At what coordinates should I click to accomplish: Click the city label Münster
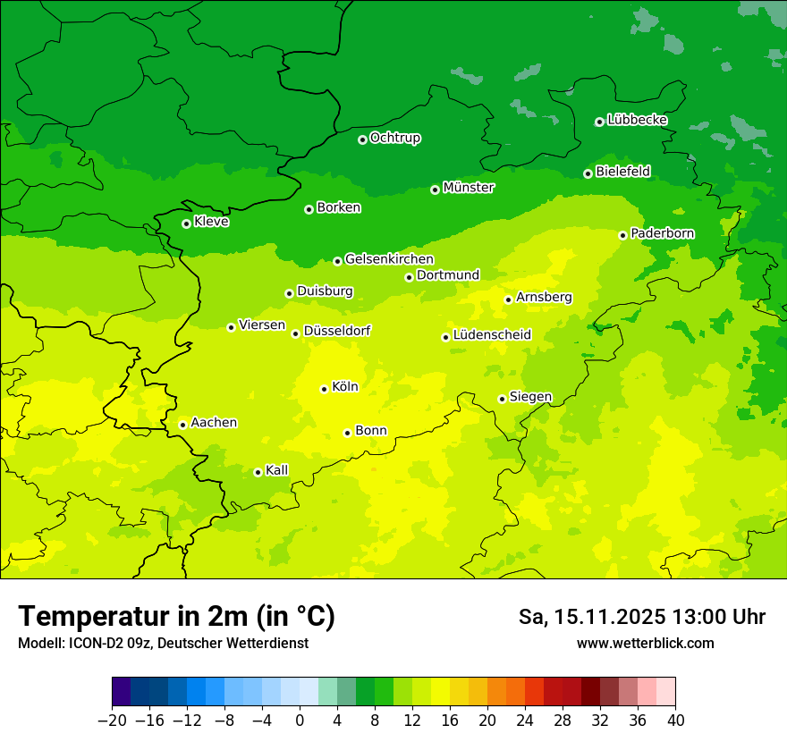pos(469,188)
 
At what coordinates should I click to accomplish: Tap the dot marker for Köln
pos(324,389)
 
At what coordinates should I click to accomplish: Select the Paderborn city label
pos(663,233)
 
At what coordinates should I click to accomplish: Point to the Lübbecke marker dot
pos(599,122)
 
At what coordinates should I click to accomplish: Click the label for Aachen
pos(214,423)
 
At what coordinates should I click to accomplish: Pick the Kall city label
pos(277,470)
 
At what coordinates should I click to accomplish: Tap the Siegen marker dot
pos(502,399)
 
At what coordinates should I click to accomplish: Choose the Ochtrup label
pos(395,138)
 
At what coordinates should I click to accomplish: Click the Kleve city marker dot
pos(186,223)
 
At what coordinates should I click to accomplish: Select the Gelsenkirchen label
pos(389,259)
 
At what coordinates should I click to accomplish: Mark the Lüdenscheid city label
pos(492,335)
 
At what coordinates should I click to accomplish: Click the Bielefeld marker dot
pos(588,173)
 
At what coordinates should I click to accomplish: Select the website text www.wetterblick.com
pos(645,643)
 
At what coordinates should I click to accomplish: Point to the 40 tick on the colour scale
pos(675,720)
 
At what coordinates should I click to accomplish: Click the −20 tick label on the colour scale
pos(112,720)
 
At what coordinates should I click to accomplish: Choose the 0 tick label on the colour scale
pos(300,720)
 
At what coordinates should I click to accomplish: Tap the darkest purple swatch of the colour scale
pos(121,692)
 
